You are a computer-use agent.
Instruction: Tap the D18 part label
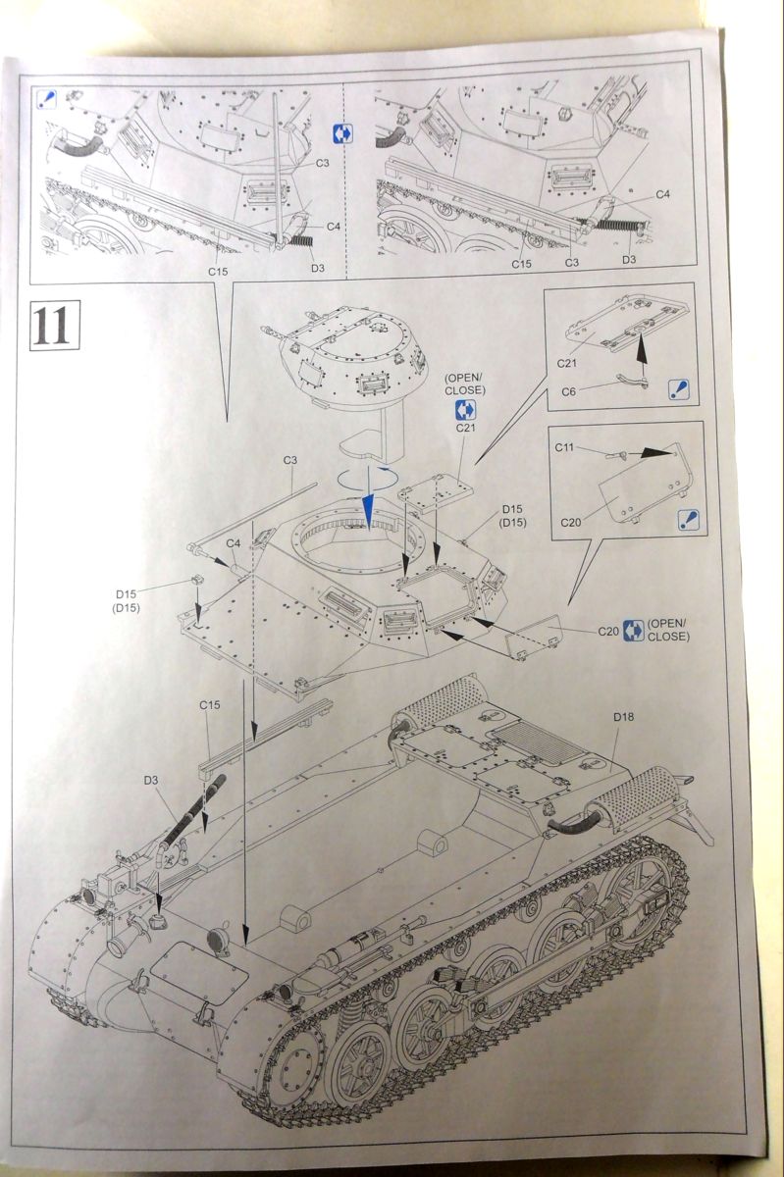tap(623, 718)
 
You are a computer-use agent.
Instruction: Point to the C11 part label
tap(564, 447)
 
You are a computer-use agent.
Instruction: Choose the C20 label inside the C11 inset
tap(572, 521)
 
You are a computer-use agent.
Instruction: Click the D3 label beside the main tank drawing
tap(150, 780)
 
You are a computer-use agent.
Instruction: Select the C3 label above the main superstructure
tap(290, 460)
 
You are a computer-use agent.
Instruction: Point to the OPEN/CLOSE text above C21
tap(464, 384)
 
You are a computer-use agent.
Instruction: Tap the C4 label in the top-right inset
tap(663, 194)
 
